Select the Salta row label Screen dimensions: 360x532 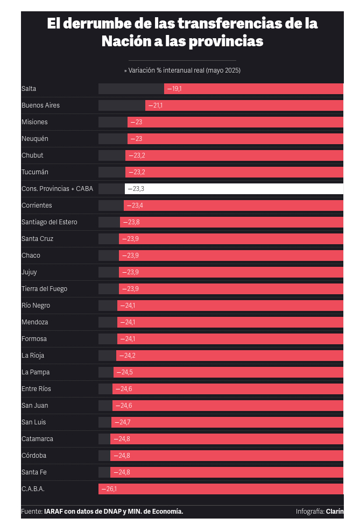point(29,89)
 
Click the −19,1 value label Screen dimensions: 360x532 point(174,89)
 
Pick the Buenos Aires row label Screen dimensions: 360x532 point(40,105)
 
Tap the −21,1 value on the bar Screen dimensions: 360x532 point(156,105)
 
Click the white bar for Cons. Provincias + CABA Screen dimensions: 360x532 point(234,189)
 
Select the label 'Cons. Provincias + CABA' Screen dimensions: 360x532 point(57,189)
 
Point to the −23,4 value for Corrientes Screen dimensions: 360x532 point(135,205)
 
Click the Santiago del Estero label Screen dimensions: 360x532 point(49,222)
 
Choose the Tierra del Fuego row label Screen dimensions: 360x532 point(44,289)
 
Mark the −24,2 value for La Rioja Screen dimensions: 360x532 point(127,355)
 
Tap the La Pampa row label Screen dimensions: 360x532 point(36,372)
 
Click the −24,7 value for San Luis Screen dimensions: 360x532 point(123,422)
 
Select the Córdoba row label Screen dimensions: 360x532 point(33,455)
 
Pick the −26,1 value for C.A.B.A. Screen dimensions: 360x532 point(109,489)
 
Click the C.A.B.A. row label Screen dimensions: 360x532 point(33,489)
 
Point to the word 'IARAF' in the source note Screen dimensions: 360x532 point(53,512)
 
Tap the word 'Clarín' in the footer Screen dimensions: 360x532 point(335,512)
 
